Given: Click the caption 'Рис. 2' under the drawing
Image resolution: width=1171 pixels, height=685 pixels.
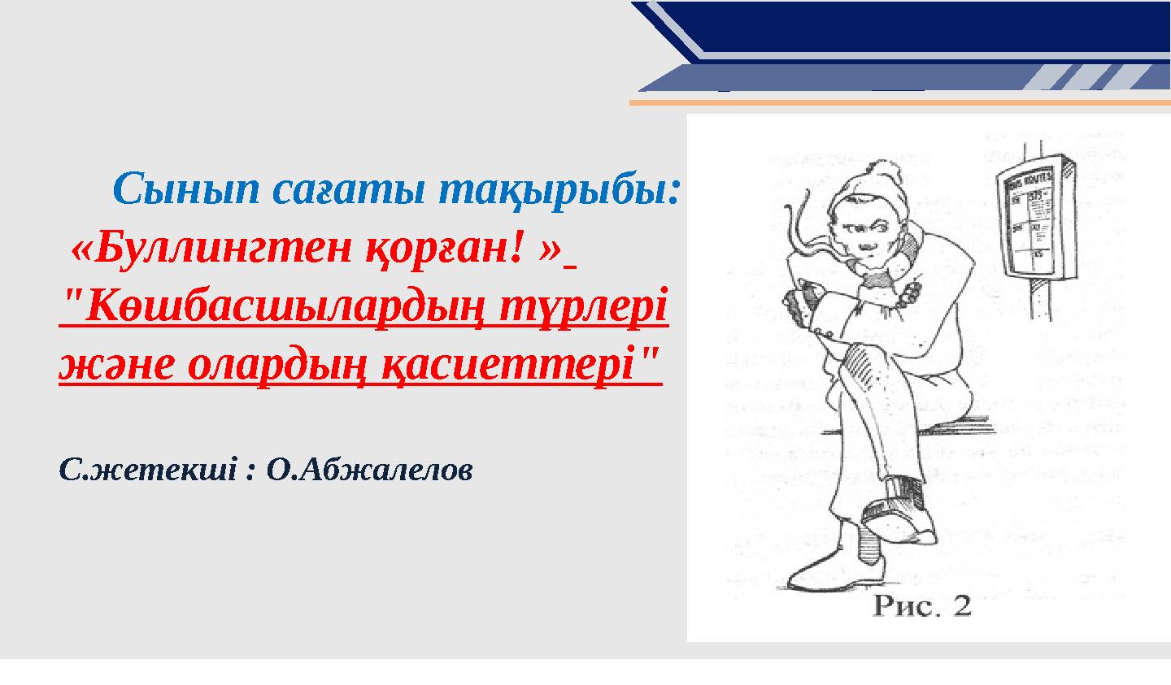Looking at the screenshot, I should pyautogui.click(x=922, y=606).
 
